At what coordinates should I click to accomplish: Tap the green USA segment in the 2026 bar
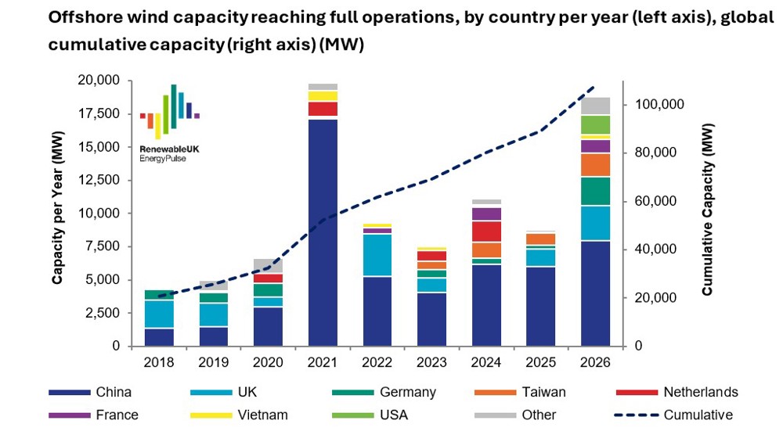595,124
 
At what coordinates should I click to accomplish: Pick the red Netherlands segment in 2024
486,232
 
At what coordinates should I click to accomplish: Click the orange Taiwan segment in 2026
595,165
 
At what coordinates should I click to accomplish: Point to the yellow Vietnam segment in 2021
323,96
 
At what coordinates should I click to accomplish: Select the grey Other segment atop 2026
595,106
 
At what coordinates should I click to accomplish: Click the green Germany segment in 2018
160,295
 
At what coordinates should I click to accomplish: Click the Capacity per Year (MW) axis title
58,213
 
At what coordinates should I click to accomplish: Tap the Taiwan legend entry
540,393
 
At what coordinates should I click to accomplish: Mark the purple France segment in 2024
486,214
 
